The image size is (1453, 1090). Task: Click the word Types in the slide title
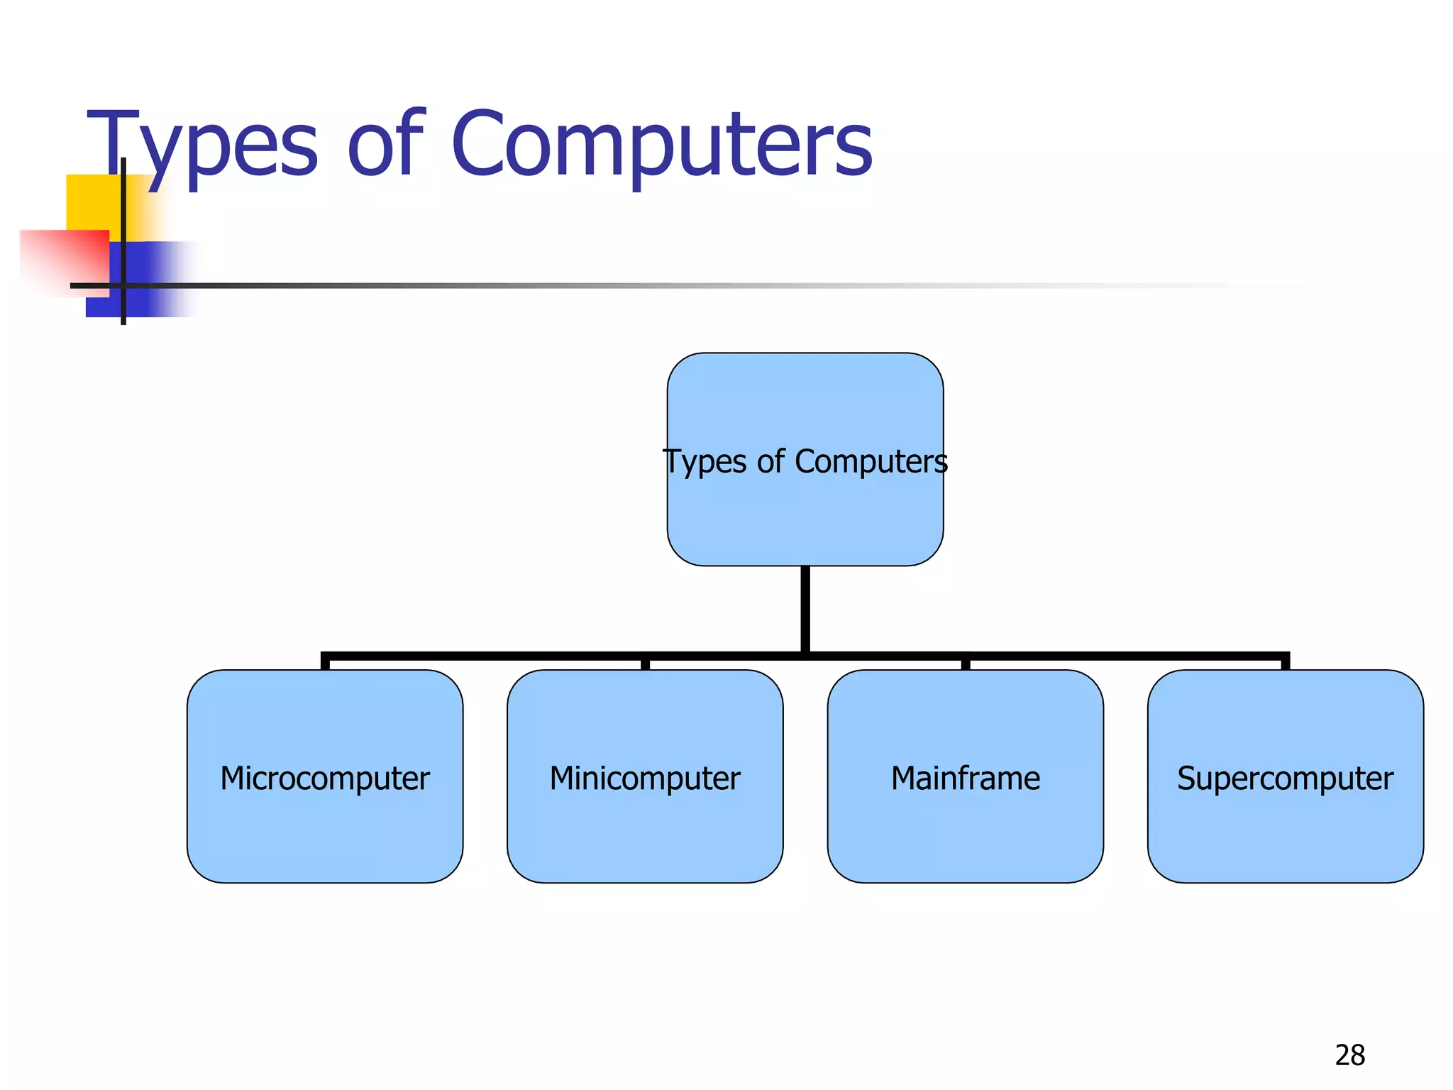202,145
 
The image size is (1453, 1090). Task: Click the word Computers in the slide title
661,145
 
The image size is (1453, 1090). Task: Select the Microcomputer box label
325,778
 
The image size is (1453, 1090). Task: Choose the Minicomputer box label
645,778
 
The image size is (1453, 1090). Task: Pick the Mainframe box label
966,778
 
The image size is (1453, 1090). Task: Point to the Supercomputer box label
1285,778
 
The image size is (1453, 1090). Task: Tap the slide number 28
1349,1055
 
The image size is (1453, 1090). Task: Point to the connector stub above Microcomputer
326,663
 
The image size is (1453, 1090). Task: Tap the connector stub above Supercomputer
1285,663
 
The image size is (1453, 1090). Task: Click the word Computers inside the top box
871,462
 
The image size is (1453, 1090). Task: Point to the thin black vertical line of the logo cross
123,213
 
